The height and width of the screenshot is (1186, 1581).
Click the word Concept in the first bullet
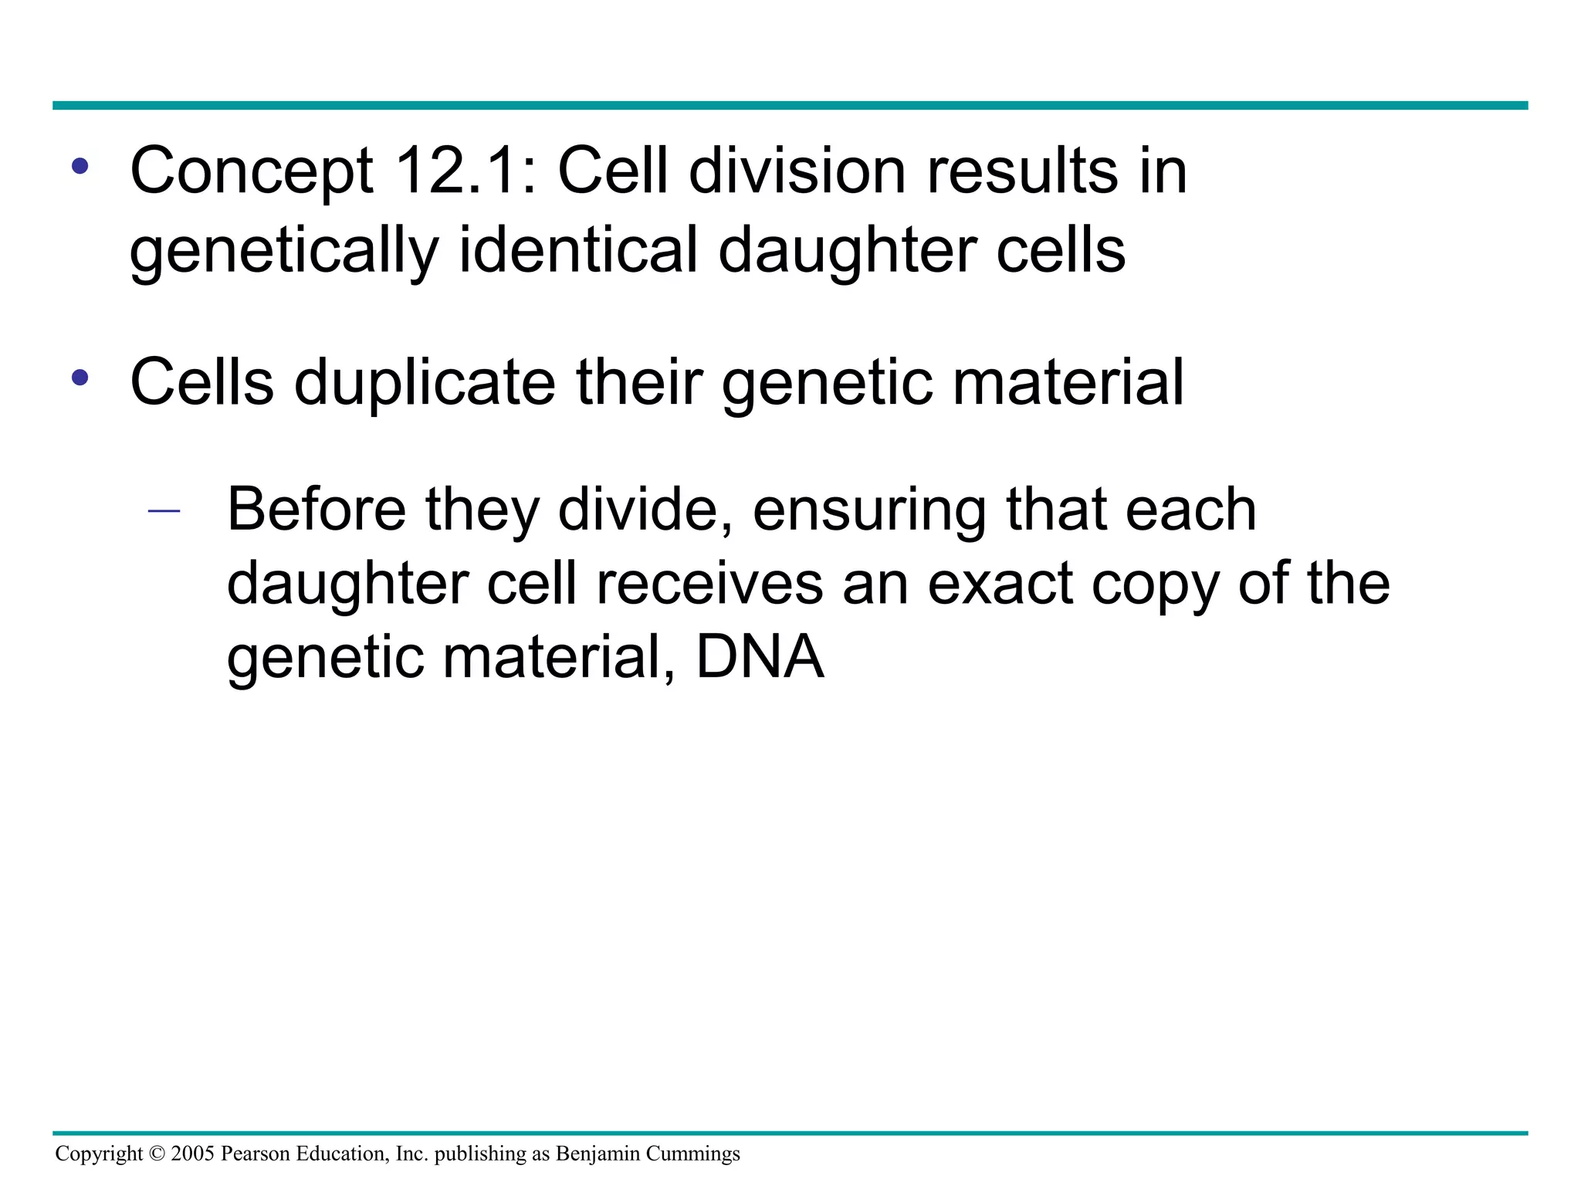(x=252, y=171)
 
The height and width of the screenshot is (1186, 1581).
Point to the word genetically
(x=283, y=251)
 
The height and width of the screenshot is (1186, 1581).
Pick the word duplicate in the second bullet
(x=425, y=382)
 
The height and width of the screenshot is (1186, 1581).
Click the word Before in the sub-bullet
(x=317, y=510)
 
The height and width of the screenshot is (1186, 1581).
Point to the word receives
(x=709, y=584)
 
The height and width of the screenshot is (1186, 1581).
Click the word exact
(x=999, y=584)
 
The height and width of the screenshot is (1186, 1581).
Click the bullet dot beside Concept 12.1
(x=80, y=166)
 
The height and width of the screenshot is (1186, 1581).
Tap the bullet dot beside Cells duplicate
(x=80, y=378)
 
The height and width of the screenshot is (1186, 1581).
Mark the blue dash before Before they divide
(x=164, y=510)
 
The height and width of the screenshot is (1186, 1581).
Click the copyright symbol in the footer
(x=157, y=1154)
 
